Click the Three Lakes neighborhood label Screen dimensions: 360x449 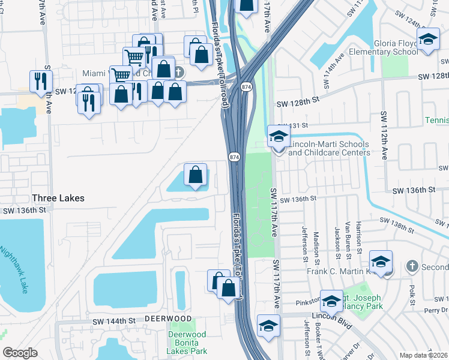[x=58, y=198]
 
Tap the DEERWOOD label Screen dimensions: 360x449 [x=167, y=319]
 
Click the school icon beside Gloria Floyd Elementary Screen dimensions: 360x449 [x=427, y=41]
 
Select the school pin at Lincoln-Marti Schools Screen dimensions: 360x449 [x=279, y=137]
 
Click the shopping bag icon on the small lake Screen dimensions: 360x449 [x=196, y=175]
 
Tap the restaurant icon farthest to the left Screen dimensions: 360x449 [x=41, y=81]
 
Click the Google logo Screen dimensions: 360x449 [x=20, y=353]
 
